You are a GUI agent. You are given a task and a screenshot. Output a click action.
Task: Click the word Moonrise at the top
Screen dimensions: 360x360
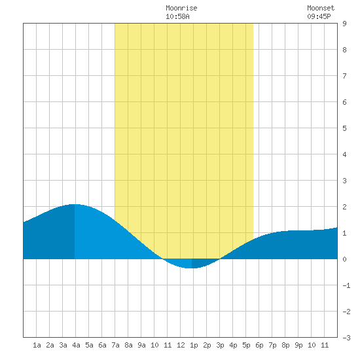point(181,8)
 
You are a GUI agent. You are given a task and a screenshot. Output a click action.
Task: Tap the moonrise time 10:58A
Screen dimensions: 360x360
point(177,16)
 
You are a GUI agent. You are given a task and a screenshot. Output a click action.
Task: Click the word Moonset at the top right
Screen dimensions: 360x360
point(321,8)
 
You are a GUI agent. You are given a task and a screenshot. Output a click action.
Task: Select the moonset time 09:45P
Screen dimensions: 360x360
point(319,16)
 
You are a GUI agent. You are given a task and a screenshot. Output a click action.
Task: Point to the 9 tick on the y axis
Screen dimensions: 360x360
point(344,24)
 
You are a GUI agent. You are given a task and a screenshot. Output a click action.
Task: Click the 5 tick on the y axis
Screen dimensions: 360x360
point(344,128)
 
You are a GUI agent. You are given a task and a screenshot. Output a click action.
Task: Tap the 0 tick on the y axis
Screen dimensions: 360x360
point(344,259)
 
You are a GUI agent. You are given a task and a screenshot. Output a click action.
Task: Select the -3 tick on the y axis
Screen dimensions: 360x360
point(346,338)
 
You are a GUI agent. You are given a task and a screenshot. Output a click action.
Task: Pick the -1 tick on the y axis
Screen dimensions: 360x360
point(346,285)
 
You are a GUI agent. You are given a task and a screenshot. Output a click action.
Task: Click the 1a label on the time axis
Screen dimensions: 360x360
point(37,345)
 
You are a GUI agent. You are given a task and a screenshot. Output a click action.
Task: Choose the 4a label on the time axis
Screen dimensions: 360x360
point(76,345)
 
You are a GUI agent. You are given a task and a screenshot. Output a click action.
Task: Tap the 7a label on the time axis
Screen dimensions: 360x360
point(115,345)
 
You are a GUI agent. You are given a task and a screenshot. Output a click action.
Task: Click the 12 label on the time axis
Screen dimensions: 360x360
point(181,345)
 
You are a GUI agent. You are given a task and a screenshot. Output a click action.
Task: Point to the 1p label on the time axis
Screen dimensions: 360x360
point(194,345)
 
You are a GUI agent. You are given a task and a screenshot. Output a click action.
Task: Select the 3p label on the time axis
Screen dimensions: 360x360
point(220,345)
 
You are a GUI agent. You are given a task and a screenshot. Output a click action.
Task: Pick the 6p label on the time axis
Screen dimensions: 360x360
point(259,345)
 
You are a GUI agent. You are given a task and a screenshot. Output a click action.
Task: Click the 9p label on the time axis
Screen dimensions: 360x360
point(298,345)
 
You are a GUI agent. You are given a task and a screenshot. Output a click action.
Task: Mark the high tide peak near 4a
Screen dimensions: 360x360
point(75,204)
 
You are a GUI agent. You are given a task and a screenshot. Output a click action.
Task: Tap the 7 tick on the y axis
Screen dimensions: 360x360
point(344,76)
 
